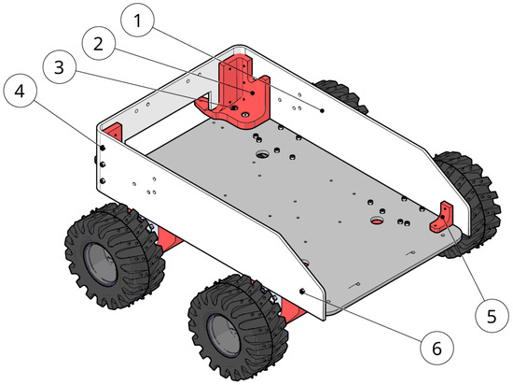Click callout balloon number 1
click(137, 21)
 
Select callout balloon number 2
click(99, 43)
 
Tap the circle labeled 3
click(59, 67)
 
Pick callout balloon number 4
click(20, 91)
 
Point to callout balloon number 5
click(492, 316)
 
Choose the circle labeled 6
click(437, 348)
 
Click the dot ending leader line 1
click(323, 110)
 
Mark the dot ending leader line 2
click(253, 93)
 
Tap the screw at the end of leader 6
click(302, 291)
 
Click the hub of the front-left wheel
click(100, 264)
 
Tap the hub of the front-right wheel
click(224, 335)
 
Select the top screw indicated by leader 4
click(103, 148)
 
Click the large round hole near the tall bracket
click(262, 153)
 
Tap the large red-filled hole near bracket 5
click(378, 221)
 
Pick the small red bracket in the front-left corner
click(115, 132)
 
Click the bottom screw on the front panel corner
click(103, 180)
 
